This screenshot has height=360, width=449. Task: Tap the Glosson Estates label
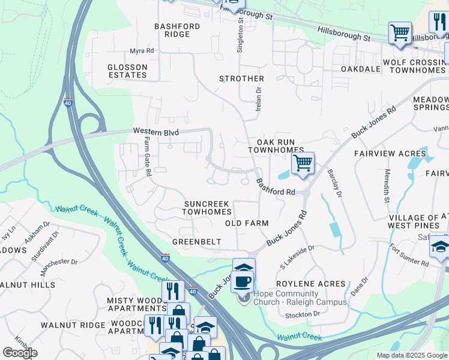pos(127,71)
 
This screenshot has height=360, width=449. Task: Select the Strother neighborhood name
pos(241,79)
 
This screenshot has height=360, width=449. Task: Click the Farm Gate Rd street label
pos(147,157)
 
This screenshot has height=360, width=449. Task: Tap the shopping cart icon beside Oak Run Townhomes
pos(303,163)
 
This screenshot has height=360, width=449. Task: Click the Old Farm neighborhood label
pos(246,223)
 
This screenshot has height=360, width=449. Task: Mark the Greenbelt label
pos(197,242)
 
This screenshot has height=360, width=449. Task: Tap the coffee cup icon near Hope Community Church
pos(243,281)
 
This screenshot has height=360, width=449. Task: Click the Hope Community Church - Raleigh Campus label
pos(300,298)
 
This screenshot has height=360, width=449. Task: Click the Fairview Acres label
pos(390,154)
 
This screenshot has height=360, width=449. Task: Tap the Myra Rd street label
pos(142,52)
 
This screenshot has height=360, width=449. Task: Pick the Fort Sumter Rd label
pos(408,254)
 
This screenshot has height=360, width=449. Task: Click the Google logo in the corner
pos(20,353)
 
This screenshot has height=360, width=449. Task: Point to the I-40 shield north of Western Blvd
pos(68,104)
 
